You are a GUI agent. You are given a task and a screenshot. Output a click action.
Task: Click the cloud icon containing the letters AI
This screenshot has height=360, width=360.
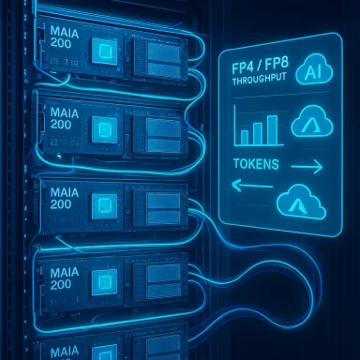(x=310, y=75)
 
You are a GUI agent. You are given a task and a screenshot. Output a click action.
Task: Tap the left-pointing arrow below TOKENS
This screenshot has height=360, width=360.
(x=246, y=186)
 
